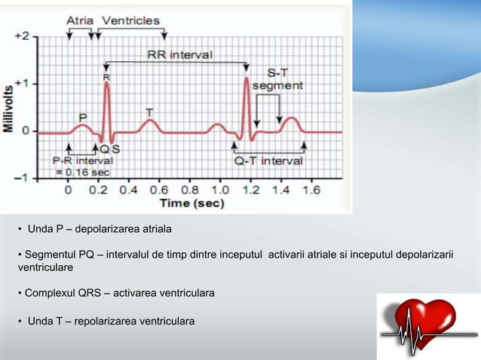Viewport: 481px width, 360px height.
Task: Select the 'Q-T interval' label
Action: (269, 160)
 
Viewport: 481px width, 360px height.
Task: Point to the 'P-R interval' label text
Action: (83, 160)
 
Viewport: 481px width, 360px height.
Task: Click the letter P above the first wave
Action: (84, 117)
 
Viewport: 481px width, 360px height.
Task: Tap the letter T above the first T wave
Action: (149, 112)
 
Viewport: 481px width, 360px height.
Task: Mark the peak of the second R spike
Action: (246, 78)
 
